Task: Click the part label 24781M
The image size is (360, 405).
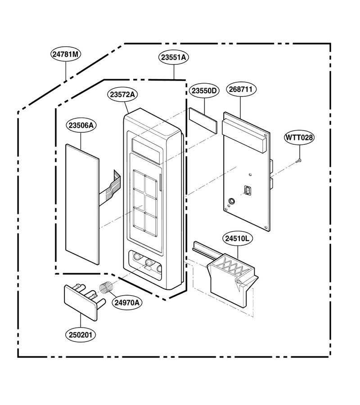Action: [x=66, y=54]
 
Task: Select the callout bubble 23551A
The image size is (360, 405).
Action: [x=174, y=57]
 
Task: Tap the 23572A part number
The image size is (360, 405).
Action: [x=122, y=94]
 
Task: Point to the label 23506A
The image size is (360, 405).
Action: [x=81, y=125]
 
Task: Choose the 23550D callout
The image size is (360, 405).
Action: [x=204, y=90]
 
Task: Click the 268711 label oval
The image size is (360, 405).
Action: [x=241, y=90]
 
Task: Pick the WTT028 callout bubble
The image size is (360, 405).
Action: [x=299, y=137]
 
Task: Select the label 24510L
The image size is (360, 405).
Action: [x=237, y=238]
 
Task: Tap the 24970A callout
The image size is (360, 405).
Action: [x=127, y=302]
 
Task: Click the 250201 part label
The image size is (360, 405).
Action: [x=81, y=335]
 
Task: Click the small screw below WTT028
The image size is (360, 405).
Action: [x=298, y=161]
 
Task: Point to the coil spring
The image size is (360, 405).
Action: [x=106, y=288]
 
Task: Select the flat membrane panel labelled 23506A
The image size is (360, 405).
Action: [x=82, y=204]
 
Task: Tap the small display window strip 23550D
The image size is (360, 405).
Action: [x=203, y=120]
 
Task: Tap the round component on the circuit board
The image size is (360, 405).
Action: [x=231, y=201]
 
